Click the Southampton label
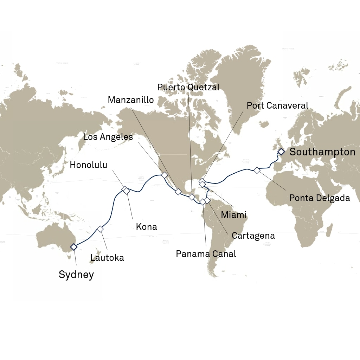tap(322, 152)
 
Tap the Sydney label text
tap(76, 275)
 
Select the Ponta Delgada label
tap(320, 198)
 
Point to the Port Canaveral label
tap(277, 105)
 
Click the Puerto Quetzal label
tap(188, 87)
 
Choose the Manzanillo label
tap(131, 100)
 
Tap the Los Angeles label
tap(108, 137)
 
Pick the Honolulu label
tap(89, 165)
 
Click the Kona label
tap(146, 227)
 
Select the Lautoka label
tap(107, 258)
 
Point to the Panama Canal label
tap(206, 253)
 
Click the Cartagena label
tap(253, 236)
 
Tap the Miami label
tap(234, 214)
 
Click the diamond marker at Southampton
tap(281, 152)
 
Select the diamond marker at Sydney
tap(73, 247)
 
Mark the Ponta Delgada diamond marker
tap(257, 170)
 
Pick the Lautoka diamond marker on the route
tap(100, 229)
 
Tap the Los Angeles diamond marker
tap(164, 175)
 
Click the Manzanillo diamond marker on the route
tap(178, 192)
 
